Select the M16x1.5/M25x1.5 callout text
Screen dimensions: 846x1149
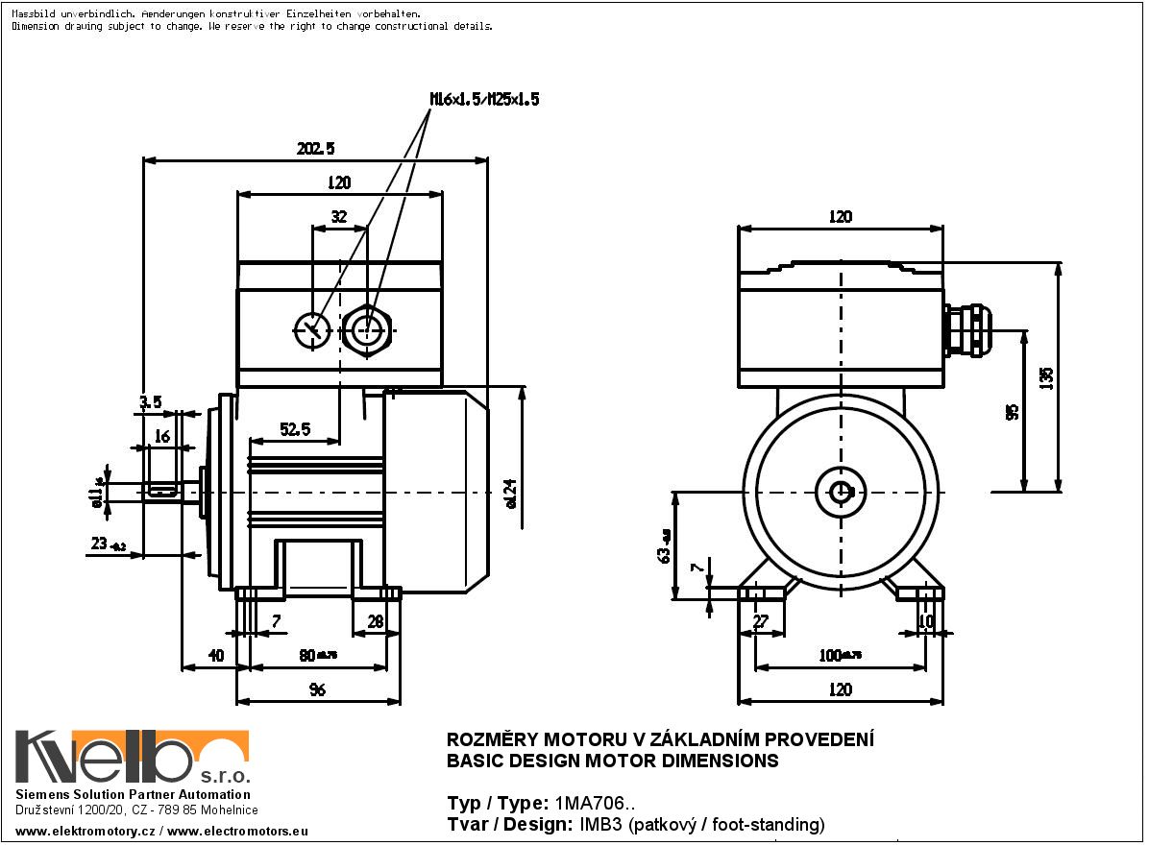click(x=484, y=99)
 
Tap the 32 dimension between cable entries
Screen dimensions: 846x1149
click(x=338, y=217)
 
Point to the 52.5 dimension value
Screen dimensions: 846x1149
click(x=294, y=430)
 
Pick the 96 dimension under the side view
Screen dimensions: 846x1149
click(x=317, y=689)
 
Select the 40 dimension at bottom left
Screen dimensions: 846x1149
click(x=215, y=656)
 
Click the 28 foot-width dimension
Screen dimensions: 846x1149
click(x=376, y=622)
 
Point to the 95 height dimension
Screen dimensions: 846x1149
click(x=1012, y=411)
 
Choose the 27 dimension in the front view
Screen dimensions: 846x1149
click(x=761, y=622)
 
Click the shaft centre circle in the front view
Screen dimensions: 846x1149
click(x=842, y=492)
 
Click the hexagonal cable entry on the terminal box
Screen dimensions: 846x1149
click(x=365, y=330)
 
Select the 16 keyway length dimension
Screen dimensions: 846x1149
click(x=161, y=437)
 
